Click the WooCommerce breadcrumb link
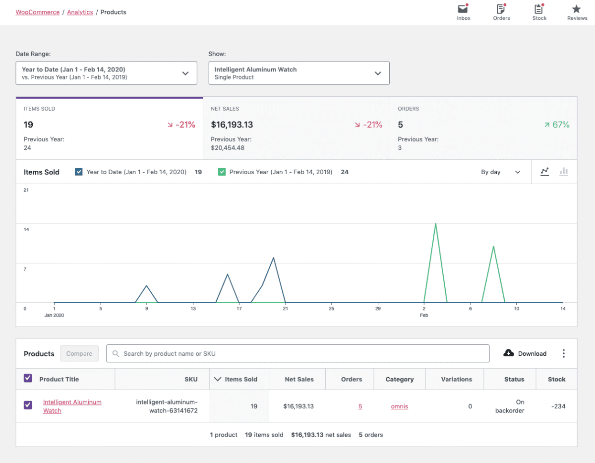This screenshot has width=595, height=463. [38, 12]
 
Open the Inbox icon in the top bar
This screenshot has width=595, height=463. [463, 9]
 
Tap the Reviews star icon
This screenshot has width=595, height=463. [577, 9]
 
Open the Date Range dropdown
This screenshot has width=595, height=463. [106, 73]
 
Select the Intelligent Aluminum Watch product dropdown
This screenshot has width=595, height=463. [298, 73]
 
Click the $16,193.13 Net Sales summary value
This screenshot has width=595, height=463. [232, 125]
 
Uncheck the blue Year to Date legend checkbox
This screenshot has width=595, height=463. [79, 172]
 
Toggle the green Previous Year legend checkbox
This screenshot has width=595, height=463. [222, 172]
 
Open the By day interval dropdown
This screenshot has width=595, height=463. [500, 172]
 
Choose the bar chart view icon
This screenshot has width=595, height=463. [564, 172]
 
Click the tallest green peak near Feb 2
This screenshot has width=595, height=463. [435, 224]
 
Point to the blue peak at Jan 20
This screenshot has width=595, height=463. [273, 258]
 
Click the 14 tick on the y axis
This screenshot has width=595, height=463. [26, 229]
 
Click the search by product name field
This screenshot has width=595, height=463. [297, 353]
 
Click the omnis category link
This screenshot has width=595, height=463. [399, 406]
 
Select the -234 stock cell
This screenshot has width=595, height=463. [557, 406]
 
